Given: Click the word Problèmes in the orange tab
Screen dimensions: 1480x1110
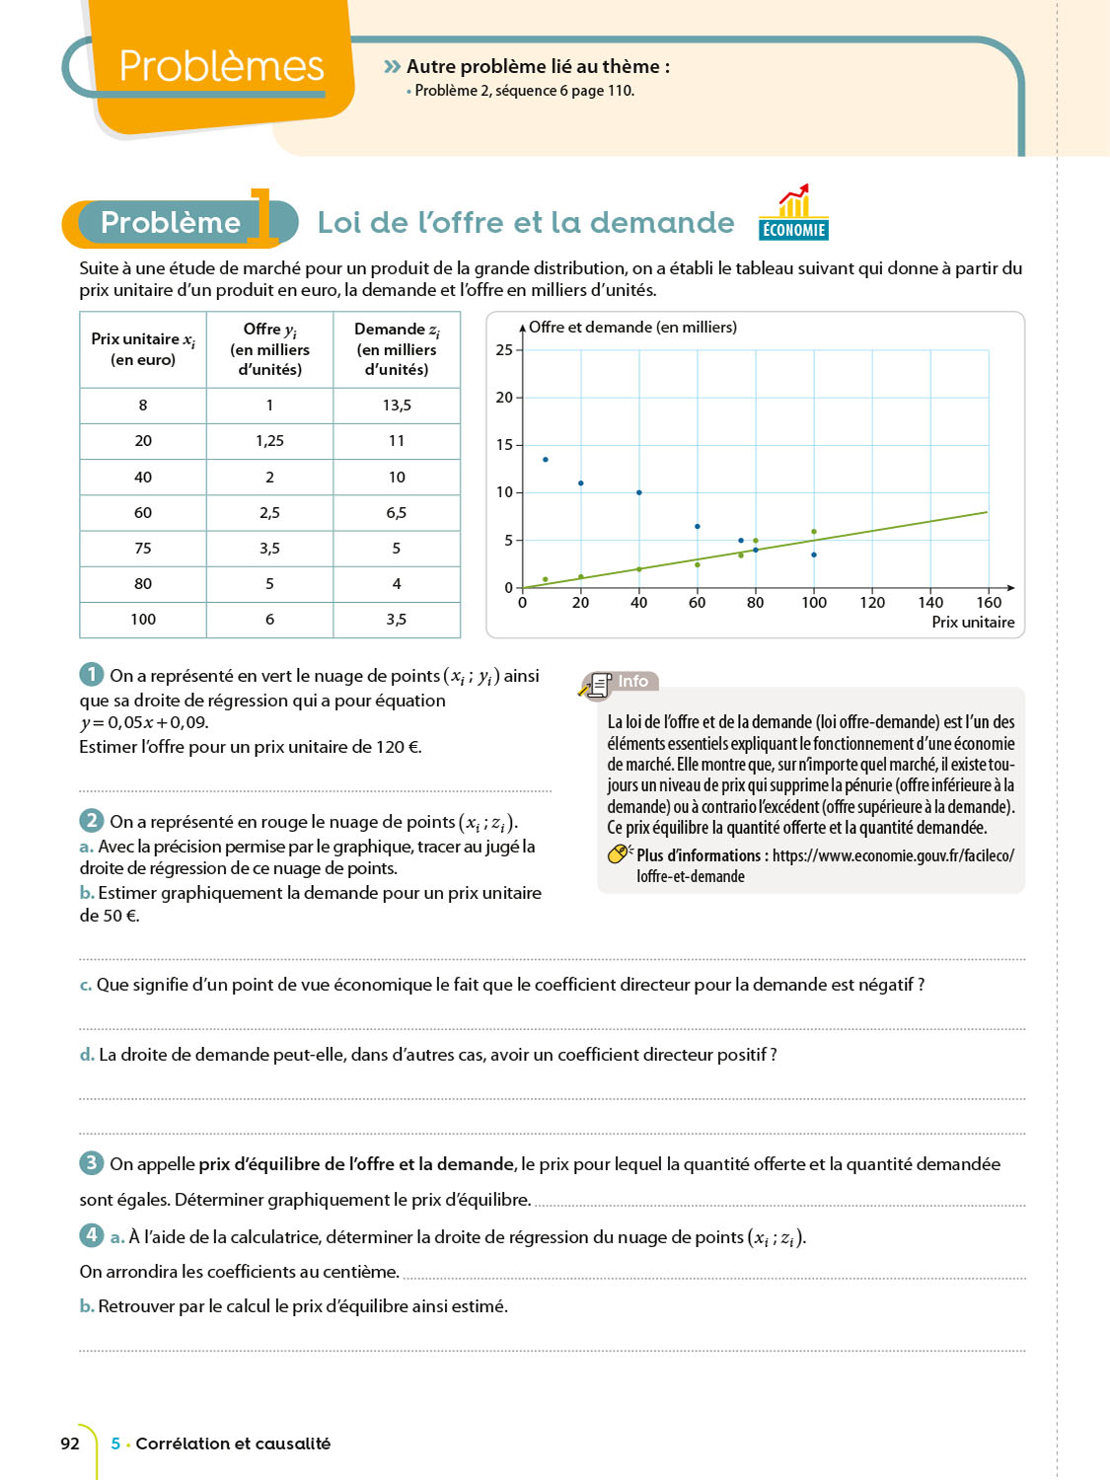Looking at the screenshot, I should (x=221, y=66).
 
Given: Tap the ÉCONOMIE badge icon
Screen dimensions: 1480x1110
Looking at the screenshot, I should (x=793, y=214).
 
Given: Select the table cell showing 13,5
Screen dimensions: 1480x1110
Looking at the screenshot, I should (x=397, y=406).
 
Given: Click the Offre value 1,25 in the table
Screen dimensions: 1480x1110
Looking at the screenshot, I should (x=269, y=441).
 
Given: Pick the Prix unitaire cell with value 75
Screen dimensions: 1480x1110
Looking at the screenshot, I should (x=143, y=549).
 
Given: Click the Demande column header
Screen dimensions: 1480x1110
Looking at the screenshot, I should (x=397, y=349).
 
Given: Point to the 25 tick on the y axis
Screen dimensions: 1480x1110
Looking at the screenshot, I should (x=504, y=350).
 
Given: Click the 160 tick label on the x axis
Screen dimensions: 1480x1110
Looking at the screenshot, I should (x=989, y=603).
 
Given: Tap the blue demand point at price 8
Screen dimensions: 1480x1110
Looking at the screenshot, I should (x=546, y=460).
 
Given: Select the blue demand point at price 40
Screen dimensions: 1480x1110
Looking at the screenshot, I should (x=639, y=492).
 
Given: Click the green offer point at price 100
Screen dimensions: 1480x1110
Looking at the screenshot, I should (x=814, y=532).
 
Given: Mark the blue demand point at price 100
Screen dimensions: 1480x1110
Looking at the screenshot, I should (x=814, y=555).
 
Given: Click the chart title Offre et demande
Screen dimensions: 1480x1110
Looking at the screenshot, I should (x=632, y=328).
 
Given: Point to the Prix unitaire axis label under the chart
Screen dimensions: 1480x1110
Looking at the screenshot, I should (x=973, y=623).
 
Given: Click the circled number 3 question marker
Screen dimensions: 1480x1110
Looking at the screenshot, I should (x=91, y=1162).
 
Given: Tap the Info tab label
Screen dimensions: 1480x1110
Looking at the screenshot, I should (x=632, y=682).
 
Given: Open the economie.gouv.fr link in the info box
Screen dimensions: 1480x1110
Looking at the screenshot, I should (x=893, y=855).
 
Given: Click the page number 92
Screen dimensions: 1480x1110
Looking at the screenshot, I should (x=70, y=1443).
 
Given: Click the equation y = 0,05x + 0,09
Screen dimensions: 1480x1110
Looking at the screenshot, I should (x=144, y=722).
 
